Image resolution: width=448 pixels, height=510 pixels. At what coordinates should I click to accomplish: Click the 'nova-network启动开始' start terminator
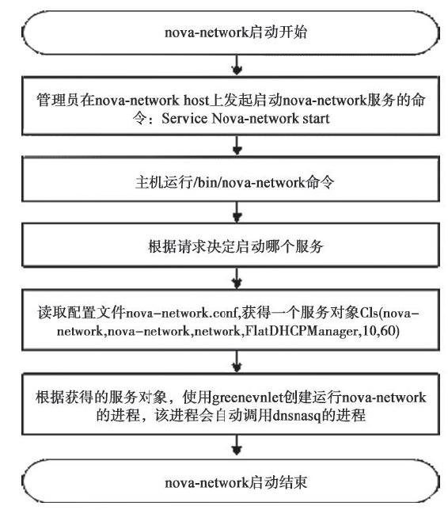click(231, 32)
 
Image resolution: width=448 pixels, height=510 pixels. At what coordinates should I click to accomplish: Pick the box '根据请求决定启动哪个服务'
click(231, 245)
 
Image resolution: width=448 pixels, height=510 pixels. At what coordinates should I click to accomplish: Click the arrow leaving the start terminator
click(237, 65)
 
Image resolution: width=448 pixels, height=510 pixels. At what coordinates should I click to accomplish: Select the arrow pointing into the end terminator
click(237, 445)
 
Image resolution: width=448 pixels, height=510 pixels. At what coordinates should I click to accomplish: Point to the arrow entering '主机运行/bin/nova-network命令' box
click(237, 145)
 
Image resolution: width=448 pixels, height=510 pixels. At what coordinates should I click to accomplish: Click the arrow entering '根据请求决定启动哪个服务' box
click(237, 212)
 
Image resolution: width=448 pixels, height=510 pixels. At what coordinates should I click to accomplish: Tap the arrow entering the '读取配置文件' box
click(237, 279)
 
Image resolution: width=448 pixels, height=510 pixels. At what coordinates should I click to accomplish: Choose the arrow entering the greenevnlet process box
click(237, 362)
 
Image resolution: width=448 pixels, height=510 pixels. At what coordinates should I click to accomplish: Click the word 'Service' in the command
click(184, 119)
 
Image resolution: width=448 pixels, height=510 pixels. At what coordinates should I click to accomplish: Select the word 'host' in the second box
click(196, 100)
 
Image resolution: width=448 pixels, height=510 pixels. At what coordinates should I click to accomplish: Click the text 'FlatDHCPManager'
click(302, 332)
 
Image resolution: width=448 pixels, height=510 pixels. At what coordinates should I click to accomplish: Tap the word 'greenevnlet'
click(248, 398)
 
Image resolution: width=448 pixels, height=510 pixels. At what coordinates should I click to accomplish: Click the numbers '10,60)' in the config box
click(381, 332)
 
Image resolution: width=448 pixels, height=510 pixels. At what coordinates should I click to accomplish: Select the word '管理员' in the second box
click(58, 100)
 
